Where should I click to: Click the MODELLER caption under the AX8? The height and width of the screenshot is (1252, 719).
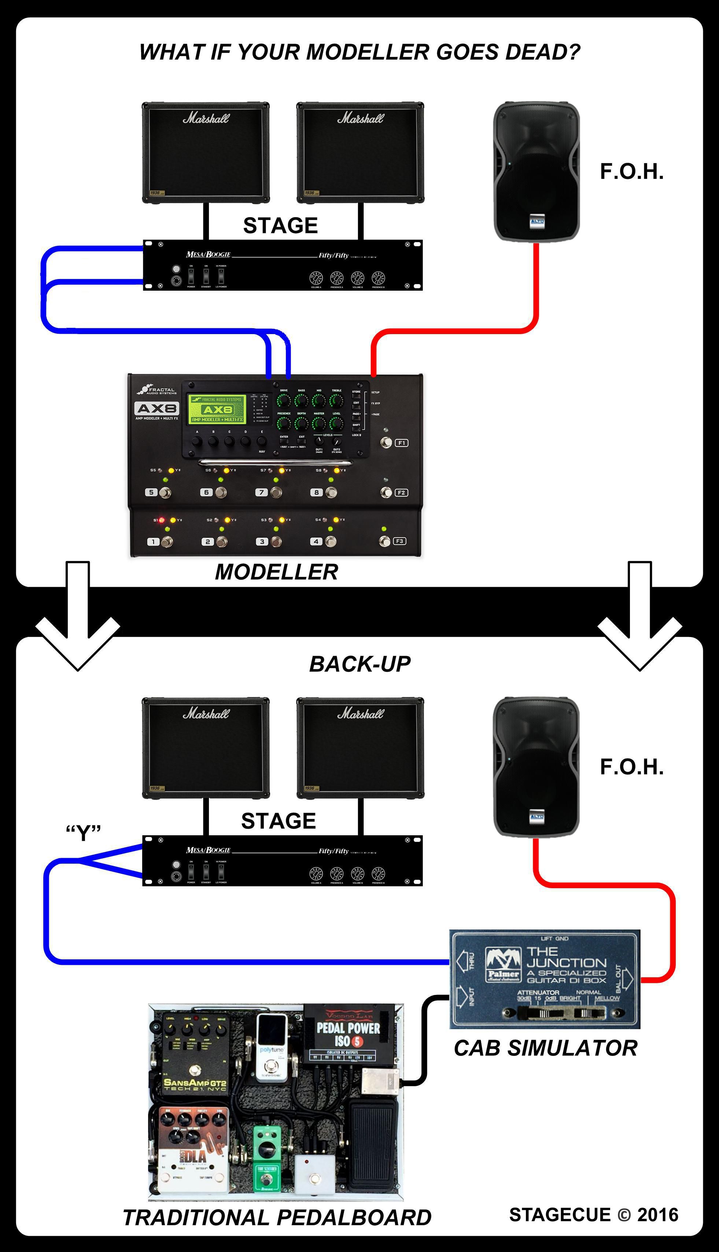277,572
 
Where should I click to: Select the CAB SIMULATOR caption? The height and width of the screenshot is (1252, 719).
546,1048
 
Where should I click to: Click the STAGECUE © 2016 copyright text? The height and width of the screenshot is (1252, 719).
594,1215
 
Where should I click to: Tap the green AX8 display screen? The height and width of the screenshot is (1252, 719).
217,409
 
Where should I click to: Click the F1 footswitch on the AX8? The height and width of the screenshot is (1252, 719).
387,443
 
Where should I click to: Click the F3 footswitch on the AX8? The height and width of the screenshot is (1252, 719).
385,542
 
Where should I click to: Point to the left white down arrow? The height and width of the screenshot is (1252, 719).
78,623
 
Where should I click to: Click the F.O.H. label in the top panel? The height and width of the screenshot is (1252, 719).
631,172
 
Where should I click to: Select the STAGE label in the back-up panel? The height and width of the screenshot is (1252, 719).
279,821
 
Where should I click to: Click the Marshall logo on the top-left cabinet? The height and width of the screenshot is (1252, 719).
206,118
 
